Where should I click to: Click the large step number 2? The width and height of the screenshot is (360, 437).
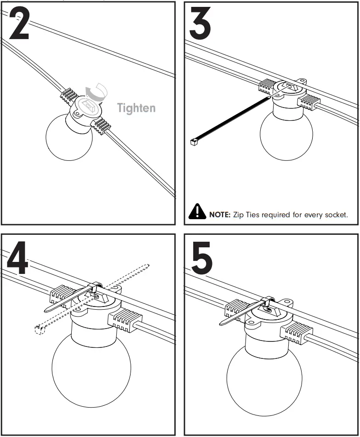(19, 23)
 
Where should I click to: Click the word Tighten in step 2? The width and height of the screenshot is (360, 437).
(136, 108)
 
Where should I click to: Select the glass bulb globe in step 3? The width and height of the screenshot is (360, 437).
(286, 134)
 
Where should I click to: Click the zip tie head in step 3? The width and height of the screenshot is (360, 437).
(194, 142)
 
